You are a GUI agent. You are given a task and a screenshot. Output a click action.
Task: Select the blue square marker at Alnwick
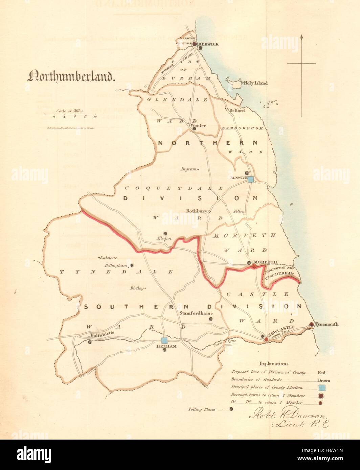point(251,180)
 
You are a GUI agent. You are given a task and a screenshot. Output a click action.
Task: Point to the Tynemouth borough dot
point(312,325)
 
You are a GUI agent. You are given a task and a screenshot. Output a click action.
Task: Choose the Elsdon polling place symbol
point(165,233)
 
